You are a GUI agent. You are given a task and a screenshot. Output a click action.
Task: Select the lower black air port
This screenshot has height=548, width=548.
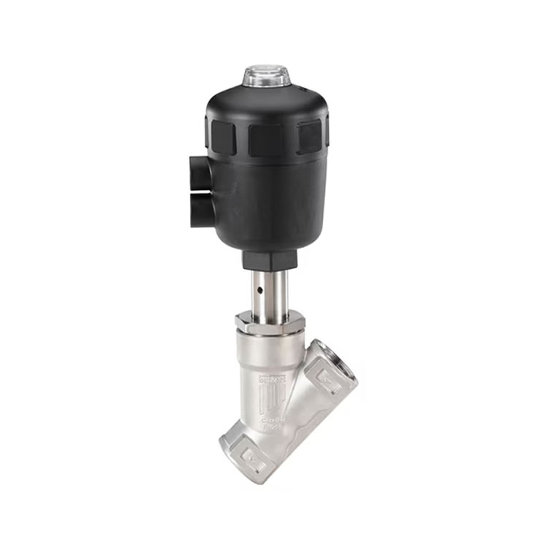pyautogui.click(x=199, y=210)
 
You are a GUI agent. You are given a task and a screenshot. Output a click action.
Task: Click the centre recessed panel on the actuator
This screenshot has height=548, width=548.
pyautogui.click(x=267, y=139)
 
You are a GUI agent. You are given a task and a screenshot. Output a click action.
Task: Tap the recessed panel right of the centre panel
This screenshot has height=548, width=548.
pyautogui.click(x=310, y=136)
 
